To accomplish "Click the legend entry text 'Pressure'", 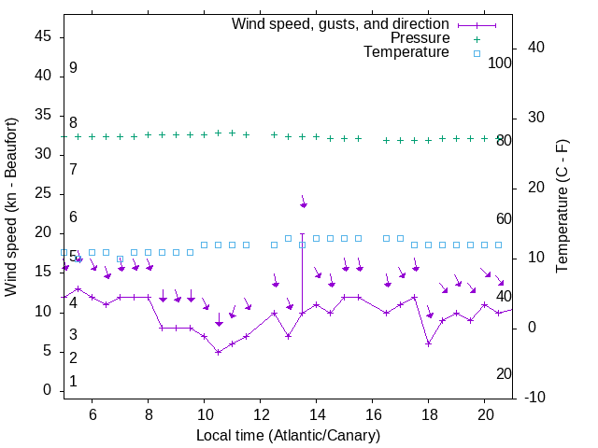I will coord(420,38).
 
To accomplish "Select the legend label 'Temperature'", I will coord(406,52).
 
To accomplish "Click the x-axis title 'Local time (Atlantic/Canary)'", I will coord(288,436).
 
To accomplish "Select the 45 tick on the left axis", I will coord(43,36).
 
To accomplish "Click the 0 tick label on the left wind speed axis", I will coord(47,390).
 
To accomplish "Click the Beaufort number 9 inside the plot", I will coord(73,68).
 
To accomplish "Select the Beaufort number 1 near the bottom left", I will coord(73,382).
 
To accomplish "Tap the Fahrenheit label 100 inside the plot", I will coord(500,63).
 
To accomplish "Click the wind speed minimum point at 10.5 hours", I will coord(218,352).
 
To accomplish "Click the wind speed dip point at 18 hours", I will coord(428,343).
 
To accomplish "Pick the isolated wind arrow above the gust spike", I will coord(303,203).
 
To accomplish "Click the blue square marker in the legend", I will coord(476,53).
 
